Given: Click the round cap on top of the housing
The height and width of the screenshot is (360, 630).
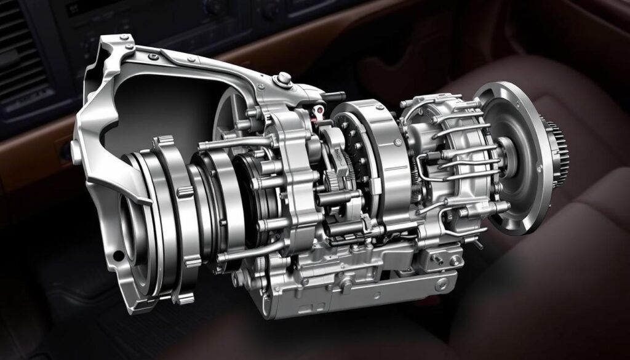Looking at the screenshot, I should (284, 79).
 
